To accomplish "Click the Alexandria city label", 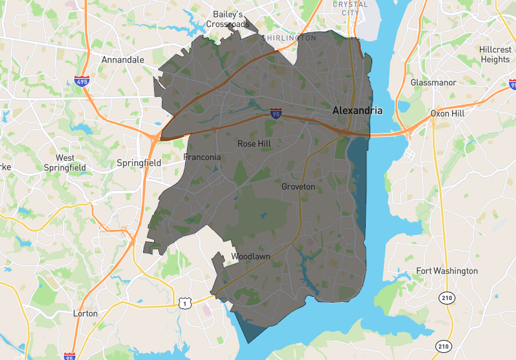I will point(357,110).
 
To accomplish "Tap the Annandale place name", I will point(123,59).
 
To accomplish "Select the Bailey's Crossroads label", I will point(228,19).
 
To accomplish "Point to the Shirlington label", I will point(289,38).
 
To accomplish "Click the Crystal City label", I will point(350,8).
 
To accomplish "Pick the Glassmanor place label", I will point(433,83).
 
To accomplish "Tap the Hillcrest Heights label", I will point(495,54).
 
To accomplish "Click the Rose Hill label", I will point(255,144).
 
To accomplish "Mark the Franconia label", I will point(202,157).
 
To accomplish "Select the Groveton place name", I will point(298,186).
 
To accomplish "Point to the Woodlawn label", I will point(250,257).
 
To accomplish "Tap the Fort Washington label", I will point(447,270).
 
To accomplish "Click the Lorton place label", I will point(85,314).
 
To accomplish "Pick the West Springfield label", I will point(65,162).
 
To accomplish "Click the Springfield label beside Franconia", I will point(139,163).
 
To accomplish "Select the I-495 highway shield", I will point(81,82).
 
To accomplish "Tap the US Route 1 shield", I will point(184,302).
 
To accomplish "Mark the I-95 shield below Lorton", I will point(70,355).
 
